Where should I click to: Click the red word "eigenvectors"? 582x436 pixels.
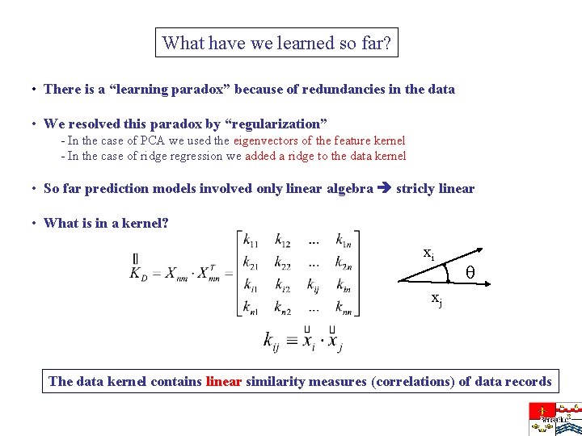coord(267,140)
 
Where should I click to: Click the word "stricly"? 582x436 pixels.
coord(415,189)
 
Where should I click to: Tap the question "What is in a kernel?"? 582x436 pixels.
coord(106,223)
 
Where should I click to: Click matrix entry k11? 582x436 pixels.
coord(250,240)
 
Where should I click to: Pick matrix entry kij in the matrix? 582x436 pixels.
coord(313,284)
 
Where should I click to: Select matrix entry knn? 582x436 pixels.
coord(344,307)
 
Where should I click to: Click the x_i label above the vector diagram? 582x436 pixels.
coord(429,253)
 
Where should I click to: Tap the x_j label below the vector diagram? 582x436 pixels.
coord(436,300)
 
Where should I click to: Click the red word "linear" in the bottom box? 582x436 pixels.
coord(224,381)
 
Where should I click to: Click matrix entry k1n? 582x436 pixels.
coord(344,240)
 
